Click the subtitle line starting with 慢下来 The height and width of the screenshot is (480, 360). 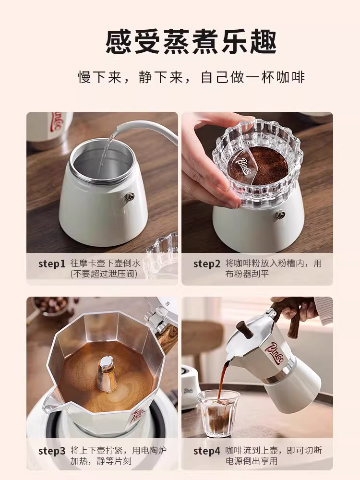coord(191,77)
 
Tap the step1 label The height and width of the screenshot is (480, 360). coord(51,264)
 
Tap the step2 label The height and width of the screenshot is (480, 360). coord(206,264)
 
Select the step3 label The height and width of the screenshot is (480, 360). coord(51,451)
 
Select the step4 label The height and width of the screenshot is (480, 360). coord(206,451)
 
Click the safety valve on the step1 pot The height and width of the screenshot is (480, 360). coord(129,196)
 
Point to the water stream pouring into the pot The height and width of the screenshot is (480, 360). coord(106,154)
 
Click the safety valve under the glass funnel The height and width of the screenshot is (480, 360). coord(281,215)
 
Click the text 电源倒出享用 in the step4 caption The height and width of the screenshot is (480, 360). coord(252,461)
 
